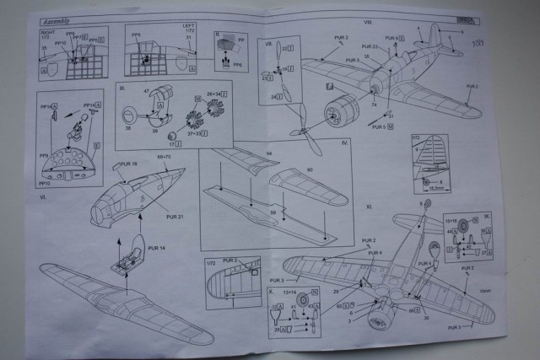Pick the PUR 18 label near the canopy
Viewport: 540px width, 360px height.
point(128,163)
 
